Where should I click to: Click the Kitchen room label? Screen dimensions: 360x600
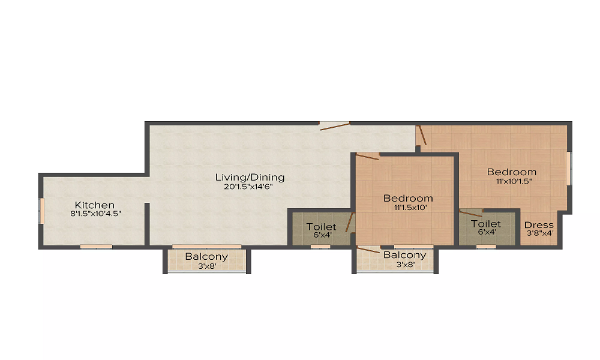[x=94, y=205]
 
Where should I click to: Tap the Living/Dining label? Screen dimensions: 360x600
[x=250, y=178]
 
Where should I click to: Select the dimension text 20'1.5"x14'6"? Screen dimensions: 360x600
[x=250, y=187]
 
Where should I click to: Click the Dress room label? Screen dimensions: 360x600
[x=538, y=225]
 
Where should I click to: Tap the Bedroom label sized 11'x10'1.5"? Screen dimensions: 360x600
[x=511, y=172]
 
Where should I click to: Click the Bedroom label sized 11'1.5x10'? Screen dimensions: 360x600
[x=408, y=199]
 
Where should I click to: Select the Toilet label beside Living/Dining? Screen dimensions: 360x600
[x=321, y=227]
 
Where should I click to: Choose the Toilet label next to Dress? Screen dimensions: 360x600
[x=485, y=224]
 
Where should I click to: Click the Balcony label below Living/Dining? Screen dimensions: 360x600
[x=206, y=257]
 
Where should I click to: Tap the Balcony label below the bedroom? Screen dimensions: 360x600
[x=404, y=255]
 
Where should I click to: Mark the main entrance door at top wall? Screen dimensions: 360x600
[x=334, y=126]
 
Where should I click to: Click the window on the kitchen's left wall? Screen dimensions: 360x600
[x=41, y=211]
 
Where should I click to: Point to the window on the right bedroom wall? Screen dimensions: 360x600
[x=569, y=169]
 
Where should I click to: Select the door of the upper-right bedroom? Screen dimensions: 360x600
[x=422, y=136]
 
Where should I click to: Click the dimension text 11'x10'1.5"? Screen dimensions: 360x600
[x=514, y=181]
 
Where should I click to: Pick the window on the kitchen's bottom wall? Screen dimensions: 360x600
[x=96, y=246]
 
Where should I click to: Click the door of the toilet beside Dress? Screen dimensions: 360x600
[x=470, y=213]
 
